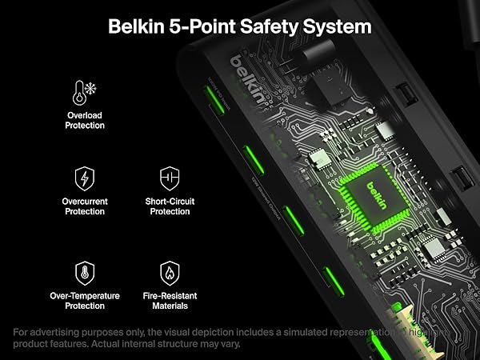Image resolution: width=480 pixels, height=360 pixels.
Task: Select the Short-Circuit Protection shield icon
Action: pyautogui.click(x=170, y=178)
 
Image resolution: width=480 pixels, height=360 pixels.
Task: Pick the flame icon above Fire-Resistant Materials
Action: pyautogui.click(x=170, y=272)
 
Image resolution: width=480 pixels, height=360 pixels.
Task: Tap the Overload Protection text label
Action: pyautogui.click(x=86, y=121)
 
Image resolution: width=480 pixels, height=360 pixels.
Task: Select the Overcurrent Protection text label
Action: pyautogui.click(x=86, y=206)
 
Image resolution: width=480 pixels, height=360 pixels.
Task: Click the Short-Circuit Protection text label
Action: pyautogui.click(x=170, y=206)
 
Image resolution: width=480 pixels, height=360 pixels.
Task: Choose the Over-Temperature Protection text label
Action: pyautogui.click(x=85, y=301)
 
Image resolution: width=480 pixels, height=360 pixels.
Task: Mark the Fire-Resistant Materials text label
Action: pyautogui.click(x=170, y=301)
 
